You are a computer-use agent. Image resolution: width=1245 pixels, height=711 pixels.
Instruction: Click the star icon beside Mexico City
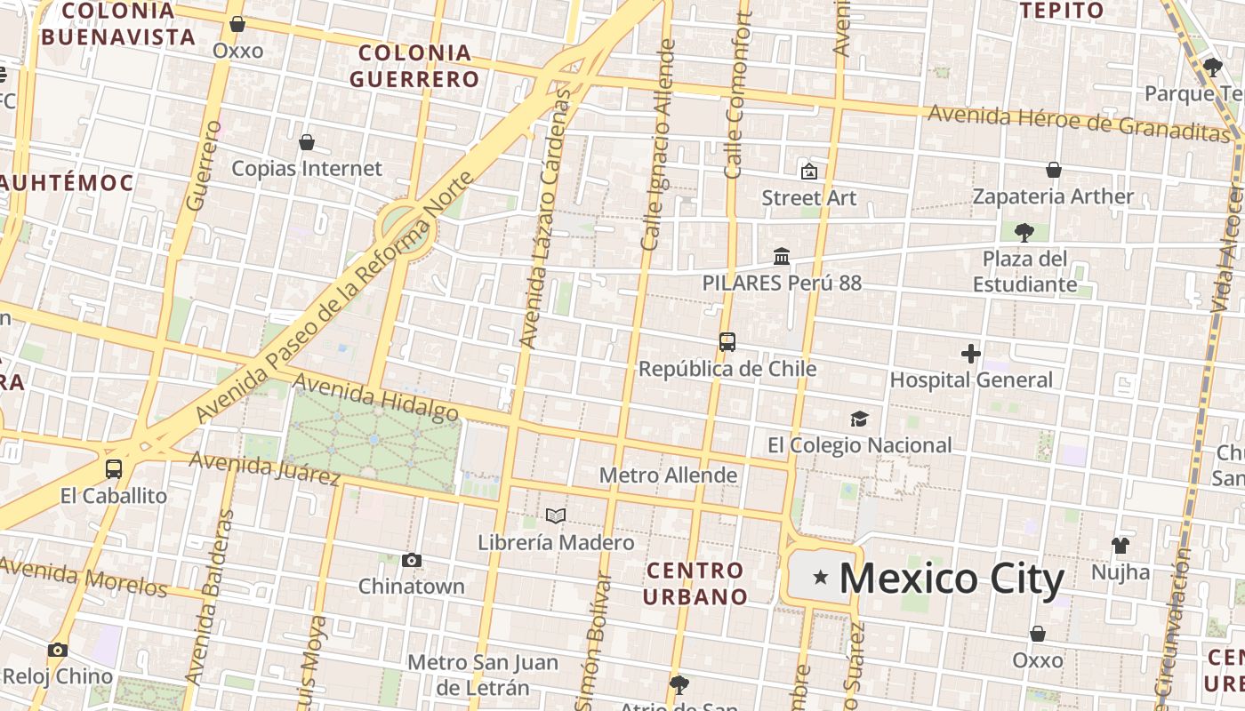(x=821, y=579)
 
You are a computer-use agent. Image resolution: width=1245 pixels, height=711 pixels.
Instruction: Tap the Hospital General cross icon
(x=971, y=354)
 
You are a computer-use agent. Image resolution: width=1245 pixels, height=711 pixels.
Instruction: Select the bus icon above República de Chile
(x=727, y=342)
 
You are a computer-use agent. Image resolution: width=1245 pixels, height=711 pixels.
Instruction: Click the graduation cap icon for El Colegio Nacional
(x=859, y=419)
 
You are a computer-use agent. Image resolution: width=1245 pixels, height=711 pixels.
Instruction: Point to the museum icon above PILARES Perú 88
(x=782, y=257)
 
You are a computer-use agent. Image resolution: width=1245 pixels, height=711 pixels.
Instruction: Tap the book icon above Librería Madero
(x=556, y=515)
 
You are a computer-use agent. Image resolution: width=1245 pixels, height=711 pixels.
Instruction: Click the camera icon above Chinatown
(x=411, y=560)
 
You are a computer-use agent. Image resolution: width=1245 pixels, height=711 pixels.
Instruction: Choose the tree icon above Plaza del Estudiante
(x=1024, y=233)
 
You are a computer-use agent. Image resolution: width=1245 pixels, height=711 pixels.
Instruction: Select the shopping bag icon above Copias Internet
(x=307, y=142)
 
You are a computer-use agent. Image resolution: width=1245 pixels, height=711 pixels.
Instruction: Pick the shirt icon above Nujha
(x=1120, y=545)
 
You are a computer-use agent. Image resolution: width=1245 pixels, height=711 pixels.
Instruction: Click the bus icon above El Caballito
(x=114, y=469)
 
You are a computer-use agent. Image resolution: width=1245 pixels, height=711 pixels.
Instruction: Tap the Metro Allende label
(x=668, y=475)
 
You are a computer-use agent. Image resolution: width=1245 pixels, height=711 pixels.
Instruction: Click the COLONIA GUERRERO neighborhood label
(x=414, y=66)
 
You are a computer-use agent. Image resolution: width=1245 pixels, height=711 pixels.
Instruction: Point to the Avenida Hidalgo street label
(x=376, y=396)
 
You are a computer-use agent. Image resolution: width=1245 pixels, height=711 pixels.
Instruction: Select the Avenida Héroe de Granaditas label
(x=1079, y=123)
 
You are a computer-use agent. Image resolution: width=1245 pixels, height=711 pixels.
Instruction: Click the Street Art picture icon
(x=808, y=172)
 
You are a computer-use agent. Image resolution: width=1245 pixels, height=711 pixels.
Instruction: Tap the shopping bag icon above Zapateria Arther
(x=1054, y=170)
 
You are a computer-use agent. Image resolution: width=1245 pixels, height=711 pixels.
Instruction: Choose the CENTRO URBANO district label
(x=695, y=583)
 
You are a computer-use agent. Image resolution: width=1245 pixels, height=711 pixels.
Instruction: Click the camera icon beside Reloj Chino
(x=58, y=651)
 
